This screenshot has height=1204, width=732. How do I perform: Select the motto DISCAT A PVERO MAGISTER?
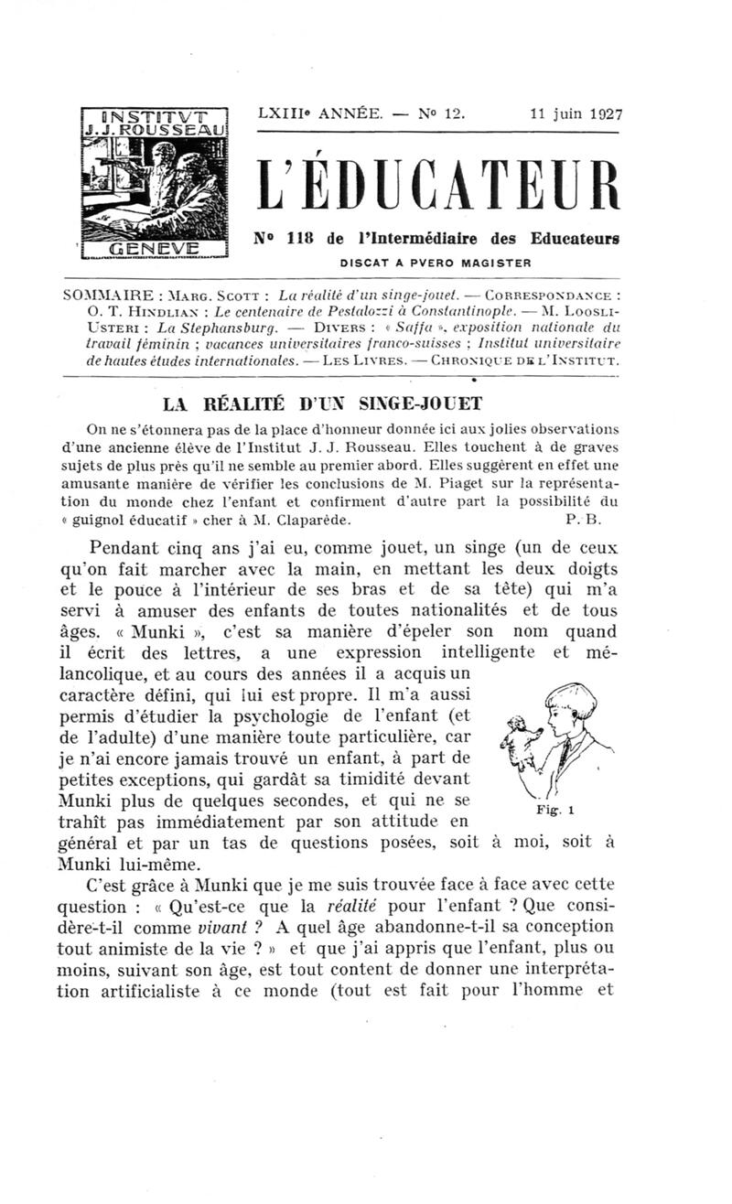[436, 262]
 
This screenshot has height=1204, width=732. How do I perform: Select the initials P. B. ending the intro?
[582, 519]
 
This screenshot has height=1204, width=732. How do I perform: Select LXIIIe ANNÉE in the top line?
[319, 115]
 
